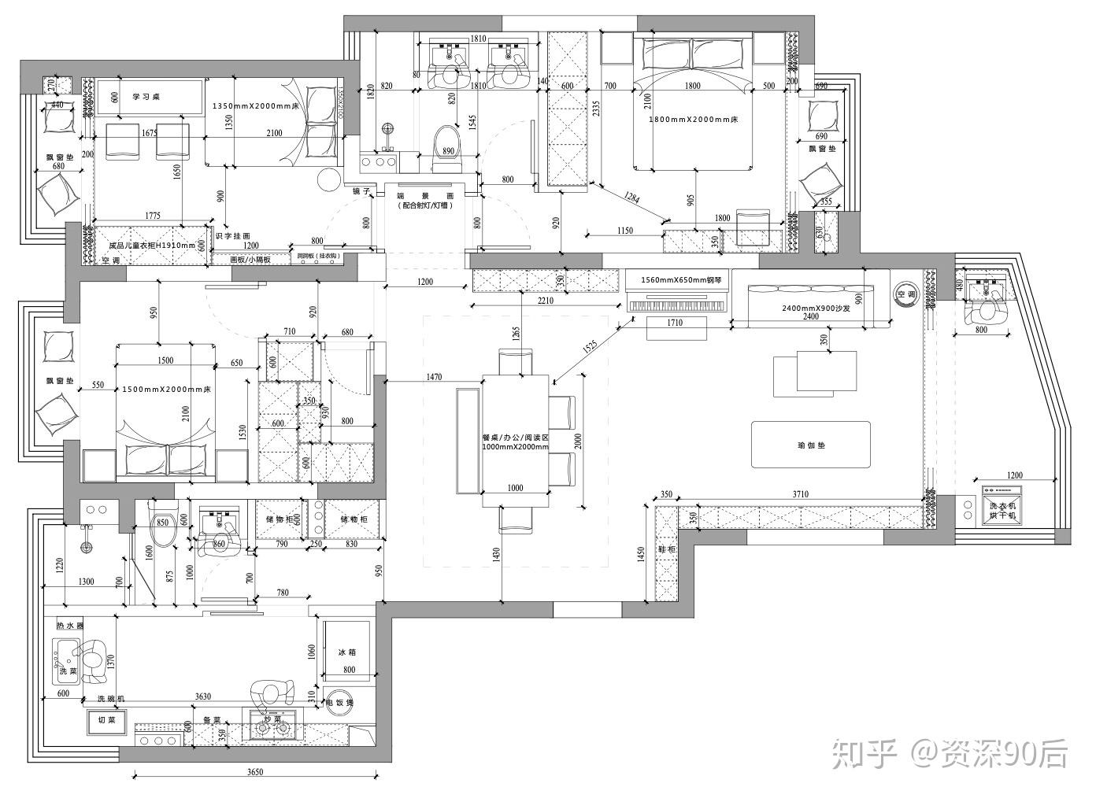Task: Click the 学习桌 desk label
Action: click(146, 97)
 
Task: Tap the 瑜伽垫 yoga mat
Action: click(811, 445)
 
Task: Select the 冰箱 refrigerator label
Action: click(347, 652)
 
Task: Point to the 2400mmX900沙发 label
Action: click(810, 308)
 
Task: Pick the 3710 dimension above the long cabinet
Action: click(800, 494)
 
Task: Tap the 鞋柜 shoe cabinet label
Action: click(667, 549)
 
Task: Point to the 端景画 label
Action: click(425, 195)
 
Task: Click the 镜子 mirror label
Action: click(361, 190)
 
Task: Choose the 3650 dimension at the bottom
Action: click(254, 772)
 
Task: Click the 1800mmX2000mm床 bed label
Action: click(693, 120)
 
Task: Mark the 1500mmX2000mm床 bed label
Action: click(167, 390)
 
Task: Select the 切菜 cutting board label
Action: click(106, 719)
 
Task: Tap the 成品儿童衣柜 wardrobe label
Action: click(151, 246)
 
